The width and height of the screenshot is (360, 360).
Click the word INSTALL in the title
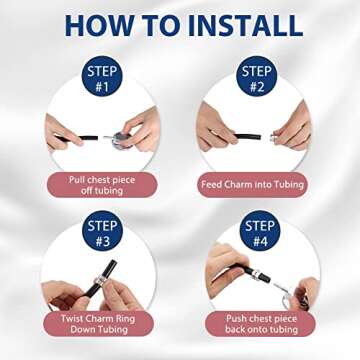tap(245, 25)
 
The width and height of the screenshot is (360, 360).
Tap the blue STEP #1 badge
tap(102, 77)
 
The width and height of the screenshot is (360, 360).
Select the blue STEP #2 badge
tap(257, 77)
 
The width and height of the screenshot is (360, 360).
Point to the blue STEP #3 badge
tap(102, 231)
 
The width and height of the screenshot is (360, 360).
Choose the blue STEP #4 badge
tap(260, 231)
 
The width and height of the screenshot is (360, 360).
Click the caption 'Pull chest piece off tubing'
tap(102, 185)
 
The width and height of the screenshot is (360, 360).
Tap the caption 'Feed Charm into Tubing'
tap(252, 185)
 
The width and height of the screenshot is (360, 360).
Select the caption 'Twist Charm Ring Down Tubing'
tap(99, 324)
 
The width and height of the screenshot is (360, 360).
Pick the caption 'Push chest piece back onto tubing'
tap(261, 324)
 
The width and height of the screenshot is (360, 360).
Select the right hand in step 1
tap(141, 131)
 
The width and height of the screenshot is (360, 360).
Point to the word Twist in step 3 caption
tap(71, 318)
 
